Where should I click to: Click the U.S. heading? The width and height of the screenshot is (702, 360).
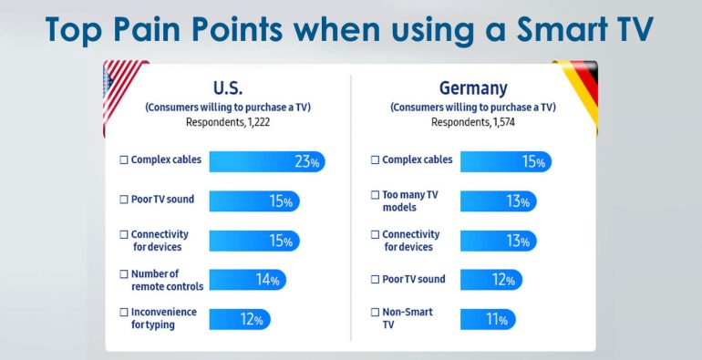click(227, 87)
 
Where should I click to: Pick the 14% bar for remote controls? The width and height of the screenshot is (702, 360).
click(247, 280)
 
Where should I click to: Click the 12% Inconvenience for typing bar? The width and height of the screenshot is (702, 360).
click(240, 319)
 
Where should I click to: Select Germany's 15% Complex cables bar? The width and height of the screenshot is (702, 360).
click(505, 161)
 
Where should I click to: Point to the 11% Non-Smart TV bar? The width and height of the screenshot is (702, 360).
click(488, 319)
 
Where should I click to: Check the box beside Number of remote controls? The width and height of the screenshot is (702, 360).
click(124, 274)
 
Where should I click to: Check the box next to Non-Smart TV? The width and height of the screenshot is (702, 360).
click(375, 313)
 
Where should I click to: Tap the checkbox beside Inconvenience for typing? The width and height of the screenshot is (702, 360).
click(124, 313)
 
